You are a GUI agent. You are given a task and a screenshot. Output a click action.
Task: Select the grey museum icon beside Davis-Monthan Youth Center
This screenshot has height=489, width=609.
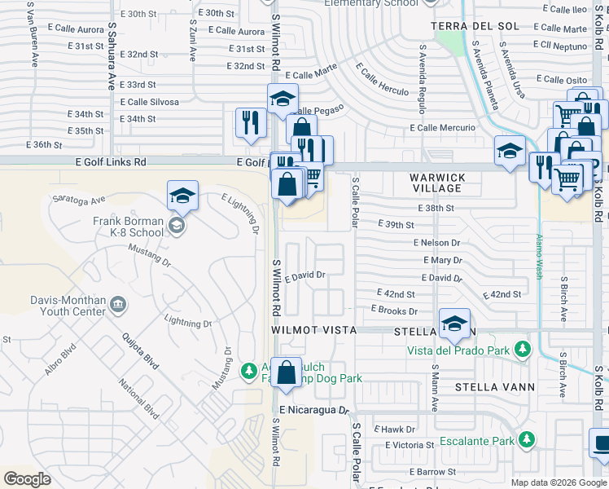tap(119, 305)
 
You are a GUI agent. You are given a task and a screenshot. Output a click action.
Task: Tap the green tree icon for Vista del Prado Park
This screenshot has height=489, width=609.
tap(521, 350)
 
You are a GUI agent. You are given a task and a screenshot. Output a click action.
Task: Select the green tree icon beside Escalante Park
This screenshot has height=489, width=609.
tap(527, 440)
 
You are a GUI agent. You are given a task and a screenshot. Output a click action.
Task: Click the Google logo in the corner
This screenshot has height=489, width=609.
tap(27, 478)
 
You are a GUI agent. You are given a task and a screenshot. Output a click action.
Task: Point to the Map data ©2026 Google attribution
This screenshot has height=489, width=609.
tap(558, 482)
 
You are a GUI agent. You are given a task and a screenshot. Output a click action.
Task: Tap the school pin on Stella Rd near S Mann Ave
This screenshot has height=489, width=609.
tap(454, 324)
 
